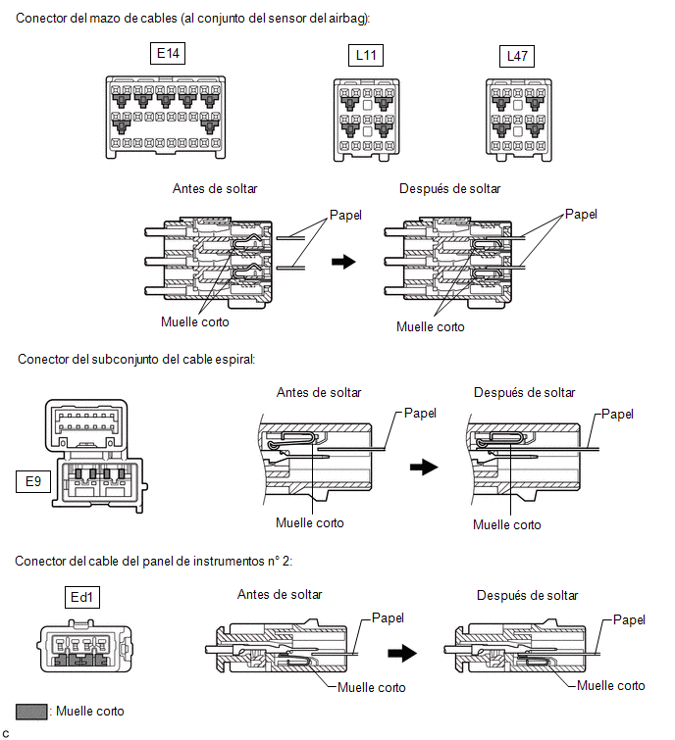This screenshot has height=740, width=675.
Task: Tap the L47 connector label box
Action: [517, 56]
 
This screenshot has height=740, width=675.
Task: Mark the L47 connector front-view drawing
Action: [518, 119]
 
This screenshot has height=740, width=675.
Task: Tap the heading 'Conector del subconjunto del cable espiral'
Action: [136, 359]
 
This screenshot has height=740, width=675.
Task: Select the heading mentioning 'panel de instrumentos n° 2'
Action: [155, 561]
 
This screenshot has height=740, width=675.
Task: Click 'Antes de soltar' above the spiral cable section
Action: [319, 392]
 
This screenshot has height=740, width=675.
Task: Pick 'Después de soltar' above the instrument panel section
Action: [527, 595]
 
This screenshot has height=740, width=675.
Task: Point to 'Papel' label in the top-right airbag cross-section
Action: [581, 214]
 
